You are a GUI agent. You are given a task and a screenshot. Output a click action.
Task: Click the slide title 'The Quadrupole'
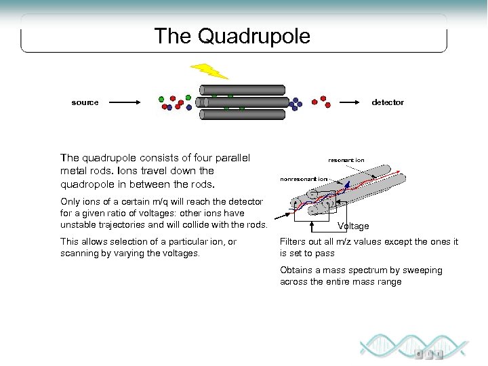232,36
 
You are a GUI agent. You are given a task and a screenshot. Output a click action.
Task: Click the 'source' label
85,102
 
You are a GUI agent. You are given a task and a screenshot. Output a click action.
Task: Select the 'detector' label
388,102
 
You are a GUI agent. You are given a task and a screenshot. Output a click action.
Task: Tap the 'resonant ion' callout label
346,160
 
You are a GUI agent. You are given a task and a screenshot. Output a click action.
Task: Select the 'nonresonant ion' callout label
304,179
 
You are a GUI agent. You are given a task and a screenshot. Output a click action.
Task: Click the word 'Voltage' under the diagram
353,226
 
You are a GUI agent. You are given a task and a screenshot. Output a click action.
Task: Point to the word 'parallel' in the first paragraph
230,158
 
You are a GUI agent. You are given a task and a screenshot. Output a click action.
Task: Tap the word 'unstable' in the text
78,225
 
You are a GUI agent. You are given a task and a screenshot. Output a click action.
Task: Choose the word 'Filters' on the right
293,242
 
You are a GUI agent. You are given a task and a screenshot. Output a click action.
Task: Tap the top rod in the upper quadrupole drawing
242,89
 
